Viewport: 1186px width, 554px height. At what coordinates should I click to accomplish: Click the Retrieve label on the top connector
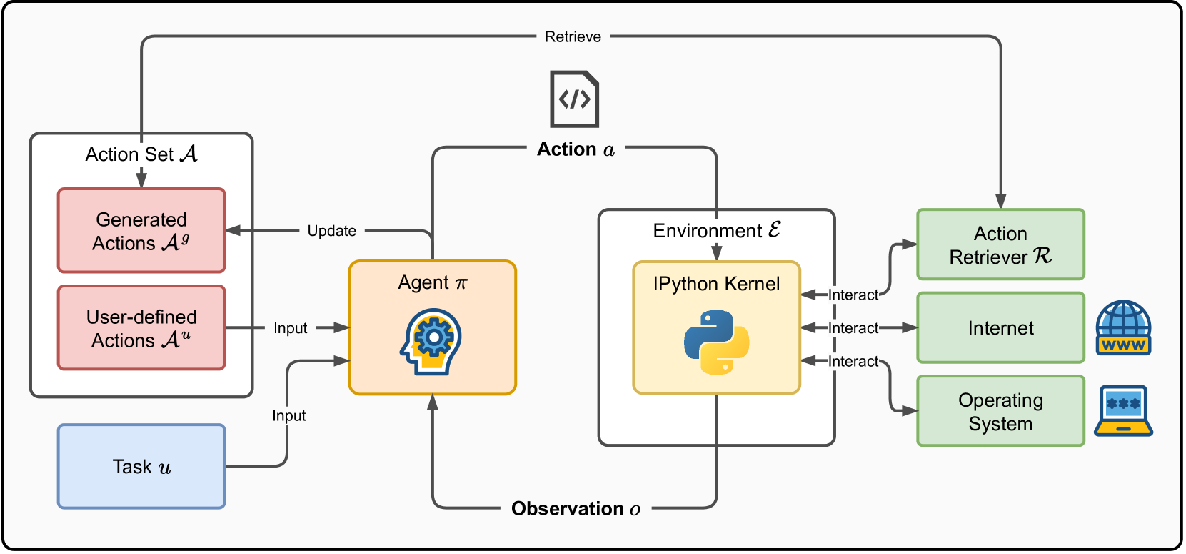[573, 36]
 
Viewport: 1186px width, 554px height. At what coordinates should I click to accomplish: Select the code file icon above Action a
[574, 99]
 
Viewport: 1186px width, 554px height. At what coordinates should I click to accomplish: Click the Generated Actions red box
[141, 230]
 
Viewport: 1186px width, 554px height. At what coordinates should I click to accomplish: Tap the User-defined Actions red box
[141, 327]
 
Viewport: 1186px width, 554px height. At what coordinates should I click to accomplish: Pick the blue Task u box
[141, 466]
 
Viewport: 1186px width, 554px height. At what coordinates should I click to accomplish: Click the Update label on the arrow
[331, 231]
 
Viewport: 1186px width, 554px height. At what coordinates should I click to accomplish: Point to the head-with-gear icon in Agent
[431, 342]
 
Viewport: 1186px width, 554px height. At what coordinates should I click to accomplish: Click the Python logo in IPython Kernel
[716, 342]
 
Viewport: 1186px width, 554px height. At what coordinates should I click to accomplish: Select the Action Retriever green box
[1000, 244]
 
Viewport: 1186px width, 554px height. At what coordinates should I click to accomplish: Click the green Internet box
[1000, 327]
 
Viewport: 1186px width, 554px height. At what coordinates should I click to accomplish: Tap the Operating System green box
[1000, 411]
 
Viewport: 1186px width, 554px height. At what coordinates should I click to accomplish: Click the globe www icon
[1123, 327]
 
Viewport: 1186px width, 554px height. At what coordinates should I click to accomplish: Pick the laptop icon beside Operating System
[1123, 411]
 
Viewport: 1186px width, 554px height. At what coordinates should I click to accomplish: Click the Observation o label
[576, 508]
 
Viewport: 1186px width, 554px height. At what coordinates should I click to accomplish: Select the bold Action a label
[576, 149]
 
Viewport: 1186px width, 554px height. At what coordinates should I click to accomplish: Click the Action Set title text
[141, 154]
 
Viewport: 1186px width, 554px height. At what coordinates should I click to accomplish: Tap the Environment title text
[716, 230]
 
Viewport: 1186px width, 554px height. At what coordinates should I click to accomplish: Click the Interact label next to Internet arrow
[853, 328]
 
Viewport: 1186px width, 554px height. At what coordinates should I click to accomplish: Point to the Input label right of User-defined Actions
[290, 328]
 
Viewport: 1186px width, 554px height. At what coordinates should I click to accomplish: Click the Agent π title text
[432, 282]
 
